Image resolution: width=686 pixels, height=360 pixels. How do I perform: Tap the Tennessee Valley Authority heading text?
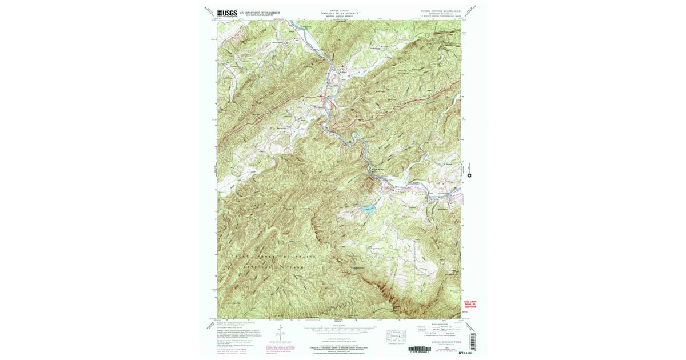tap(339, 13)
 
